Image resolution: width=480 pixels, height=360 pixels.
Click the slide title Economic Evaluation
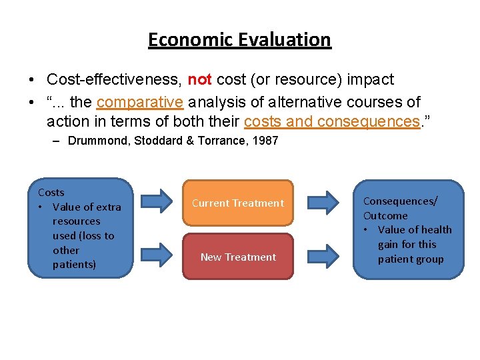tap(239, 40)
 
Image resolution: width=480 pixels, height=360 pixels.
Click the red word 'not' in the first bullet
tap(199, 80)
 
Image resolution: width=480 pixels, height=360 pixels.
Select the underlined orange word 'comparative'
tap(140, 102)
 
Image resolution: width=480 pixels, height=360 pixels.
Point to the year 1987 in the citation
tap(264, 141)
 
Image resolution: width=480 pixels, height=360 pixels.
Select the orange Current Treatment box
tap(238, 203)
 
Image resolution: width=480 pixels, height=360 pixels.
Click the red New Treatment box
tap(238, 257)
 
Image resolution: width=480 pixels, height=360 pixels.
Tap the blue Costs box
tap(80, 228)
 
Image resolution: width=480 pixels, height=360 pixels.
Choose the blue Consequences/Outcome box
tap(408, 228)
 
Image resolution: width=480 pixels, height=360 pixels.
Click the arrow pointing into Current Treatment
tap(157, 201)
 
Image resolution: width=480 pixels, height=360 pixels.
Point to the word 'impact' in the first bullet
tap(373, 80)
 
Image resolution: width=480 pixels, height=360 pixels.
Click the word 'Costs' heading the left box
tap(51, 192)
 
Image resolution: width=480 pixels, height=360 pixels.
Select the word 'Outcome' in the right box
tap(385, 215)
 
